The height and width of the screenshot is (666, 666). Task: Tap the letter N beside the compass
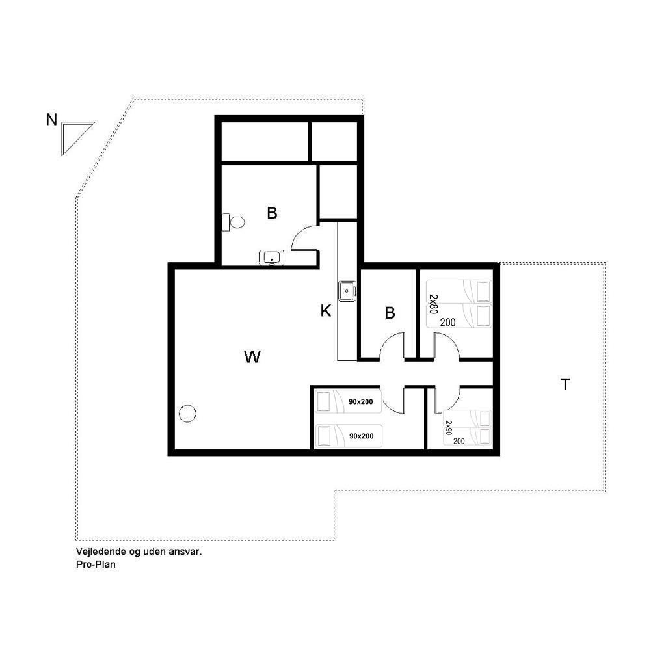pos(51,120)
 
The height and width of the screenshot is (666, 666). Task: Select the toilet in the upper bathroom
pos(233,222)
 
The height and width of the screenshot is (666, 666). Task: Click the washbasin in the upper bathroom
pos(271,258)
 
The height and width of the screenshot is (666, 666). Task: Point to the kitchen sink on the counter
pos(347,291)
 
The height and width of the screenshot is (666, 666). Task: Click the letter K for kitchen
pos(325,311)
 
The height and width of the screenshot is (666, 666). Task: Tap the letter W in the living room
pos(252,357)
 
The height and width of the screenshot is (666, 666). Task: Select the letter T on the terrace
pos(565,384)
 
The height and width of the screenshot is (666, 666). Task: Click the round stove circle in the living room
pos(187,413)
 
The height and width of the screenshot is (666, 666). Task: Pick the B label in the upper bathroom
pos(272,213)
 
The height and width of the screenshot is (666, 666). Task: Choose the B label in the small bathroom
pos(390,313)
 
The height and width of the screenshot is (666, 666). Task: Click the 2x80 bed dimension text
pos(433,304)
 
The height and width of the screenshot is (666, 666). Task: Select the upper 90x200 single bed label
pos(360,402)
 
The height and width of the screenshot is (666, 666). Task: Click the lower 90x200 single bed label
pos(362,436)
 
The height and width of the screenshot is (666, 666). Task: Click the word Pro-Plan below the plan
pos(96,565)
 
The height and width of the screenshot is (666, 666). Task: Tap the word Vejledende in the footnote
pos(101,552)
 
